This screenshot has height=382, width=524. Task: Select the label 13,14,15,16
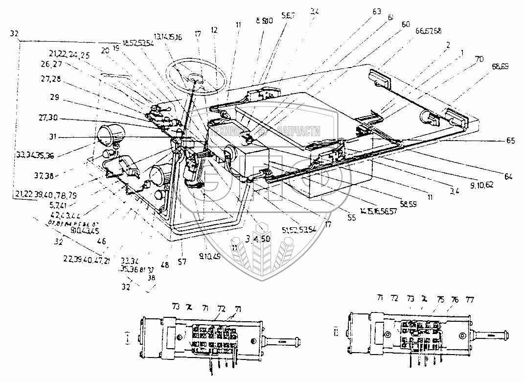click(168, 36)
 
